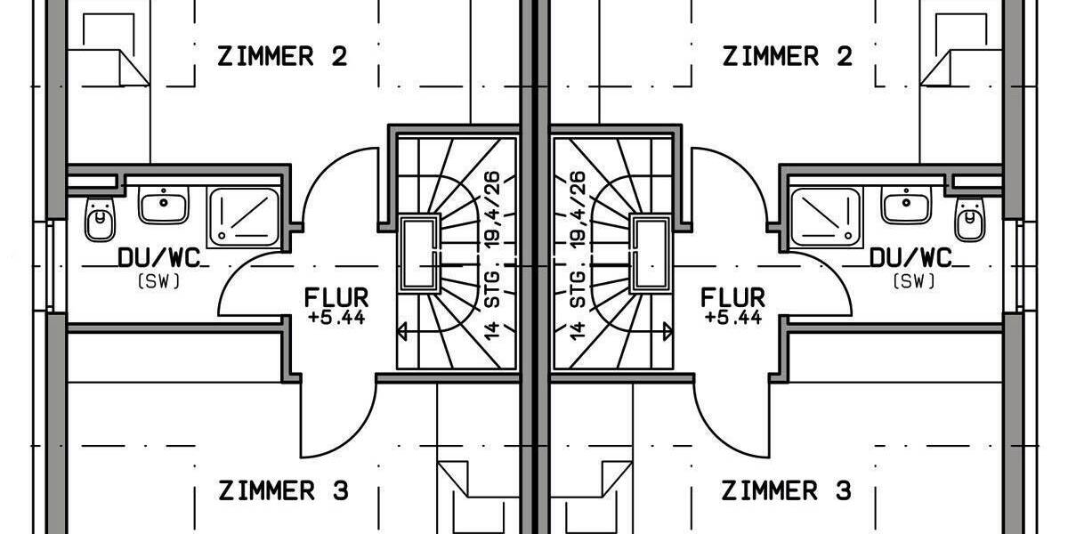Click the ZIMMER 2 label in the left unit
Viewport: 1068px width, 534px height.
[x=282, y=57]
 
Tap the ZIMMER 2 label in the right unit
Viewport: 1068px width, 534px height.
[x=787, y=57]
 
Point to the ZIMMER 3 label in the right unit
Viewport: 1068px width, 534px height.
[x=786, y=490]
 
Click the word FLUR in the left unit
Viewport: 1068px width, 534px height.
[x=336, y=297]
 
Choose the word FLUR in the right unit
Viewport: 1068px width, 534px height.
[x=732, y=297]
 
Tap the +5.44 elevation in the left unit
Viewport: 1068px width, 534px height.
[x=336, y=317]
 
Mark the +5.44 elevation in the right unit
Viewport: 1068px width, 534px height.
[x=732, y=317]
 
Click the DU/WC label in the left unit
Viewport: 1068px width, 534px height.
[x=158, y=259]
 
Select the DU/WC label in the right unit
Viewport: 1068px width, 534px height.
[x=910, y=259]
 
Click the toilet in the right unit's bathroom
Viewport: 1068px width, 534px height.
[x=969, y=218]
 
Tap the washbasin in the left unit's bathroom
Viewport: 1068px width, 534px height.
[x=164, y=206]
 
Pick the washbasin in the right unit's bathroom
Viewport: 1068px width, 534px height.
[x=905, y=206]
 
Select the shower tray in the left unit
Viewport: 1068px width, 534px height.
[x=243, y=218]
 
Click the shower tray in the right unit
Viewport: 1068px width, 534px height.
[x=825, y=218]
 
